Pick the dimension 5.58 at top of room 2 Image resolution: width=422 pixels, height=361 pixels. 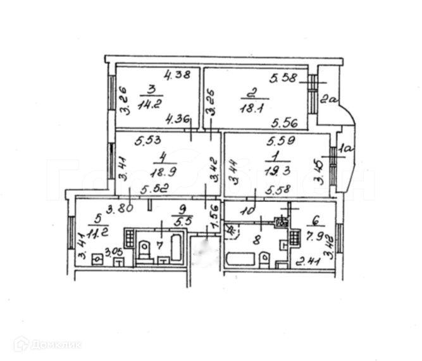coord(282,78)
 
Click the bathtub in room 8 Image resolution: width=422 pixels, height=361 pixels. coord(241,260)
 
